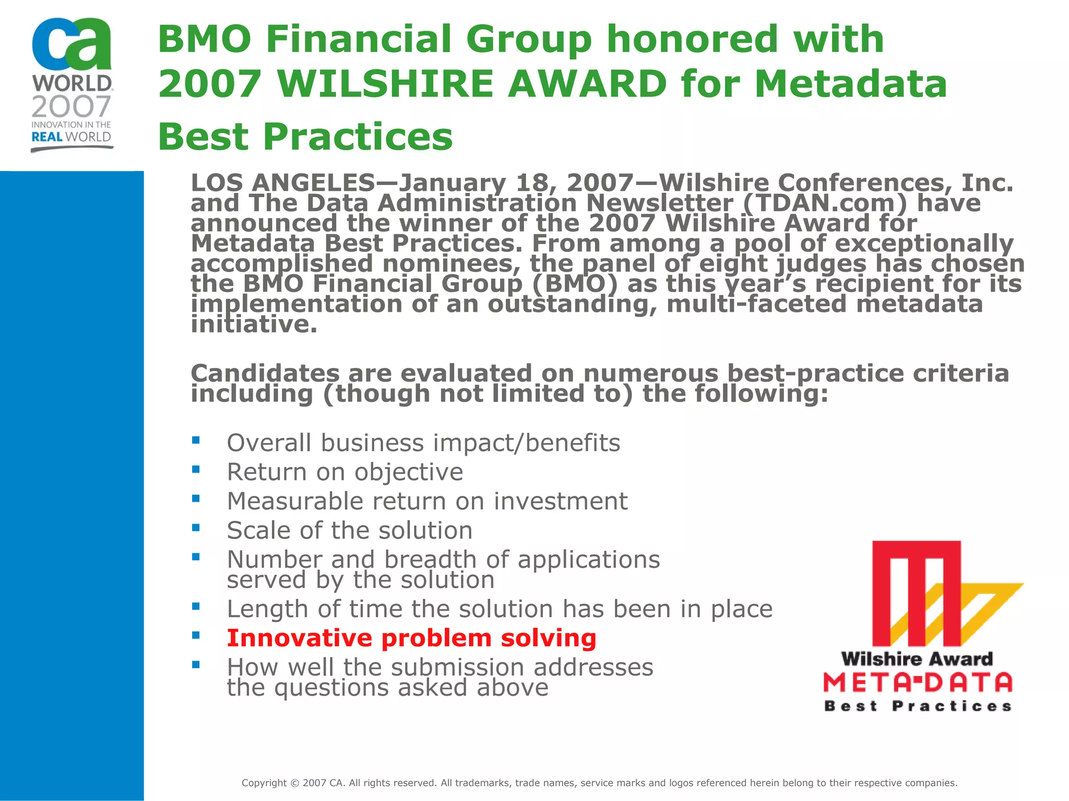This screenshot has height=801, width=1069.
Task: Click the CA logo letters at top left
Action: tap(72, 45)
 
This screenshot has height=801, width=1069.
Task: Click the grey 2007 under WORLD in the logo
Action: tap(71, 106)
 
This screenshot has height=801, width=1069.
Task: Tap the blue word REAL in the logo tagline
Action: tap(47, 137)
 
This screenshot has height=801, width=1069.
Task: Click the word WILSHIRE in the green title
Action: tap(385, 84)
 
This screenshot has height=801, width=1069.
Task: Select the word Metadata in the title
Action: tap(850, 84)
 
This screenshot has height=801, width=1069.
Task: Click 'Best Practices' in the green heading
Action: tap(305, 137)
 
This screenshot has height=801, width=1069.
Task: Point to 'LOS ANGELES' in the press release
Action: tap(282, 183)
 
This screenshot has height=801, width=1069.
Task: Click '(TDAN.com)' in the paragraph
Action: tap(825, 203)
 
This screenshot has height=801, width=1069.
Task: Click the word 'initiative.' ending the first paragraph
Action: tap(254, 324)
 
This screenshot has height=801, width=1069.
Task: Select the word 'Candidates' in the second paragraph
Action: tap(265, 373)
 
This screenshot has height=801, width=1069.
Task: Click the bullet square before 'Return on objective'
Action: tap(196, 469)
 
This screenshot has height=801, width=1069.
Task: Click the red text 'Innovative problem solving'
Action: tap(411, 638)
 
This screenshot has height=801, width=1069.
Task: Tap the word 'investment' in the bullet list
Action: tap(560, 501)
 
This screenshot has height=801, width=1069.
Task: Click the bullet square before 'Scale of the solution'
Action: tap(196, 528)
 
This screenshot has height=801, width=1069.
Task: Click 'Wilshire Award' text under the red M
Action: tap(917, 659)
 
